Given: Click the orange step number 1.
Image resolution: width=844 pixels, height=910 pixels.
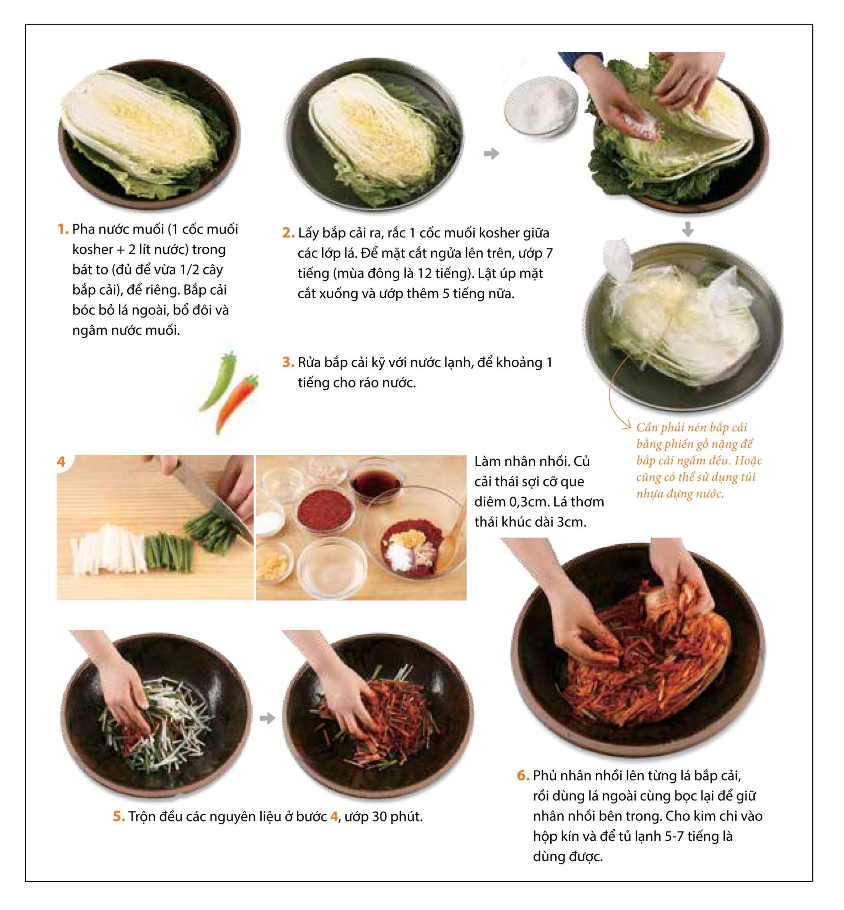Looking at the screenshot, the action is pyautogui.click(x=63, y=229).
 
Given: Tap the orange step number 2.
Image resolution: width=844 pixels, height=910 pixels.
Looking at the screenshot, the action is pyautogui.click(x=288, y=233).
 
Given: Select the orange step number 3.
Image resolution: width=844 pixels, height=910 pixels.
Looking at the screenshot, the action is pyautogui.click(x=288, y=363).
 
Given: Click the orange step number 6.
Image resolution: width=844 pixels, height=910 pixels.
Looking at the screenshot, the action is pyautogui.click(x=523, y=776).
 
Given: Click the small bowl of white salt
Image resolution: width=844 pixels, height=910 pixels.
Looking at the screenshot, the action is pyautogui.click(x=541, y=106).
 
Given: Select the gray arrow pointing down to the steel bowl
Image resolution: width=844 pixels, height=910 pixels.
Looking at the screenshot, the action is pyautogui.click(x=688, y=229).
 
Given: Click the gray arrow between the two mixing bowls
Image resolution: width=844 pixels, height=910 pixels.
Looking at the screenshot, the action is pyautogui.click(x=267, y=719).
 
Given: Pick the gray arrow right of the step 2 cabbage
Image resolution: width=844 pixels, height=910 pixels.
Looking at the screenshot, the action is pyautogui.click(x=491, y=154).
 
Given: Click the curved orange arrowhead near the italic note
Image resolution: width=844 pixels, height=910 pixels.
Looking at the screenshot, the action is pyautogui.click(x=627, y=427).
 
